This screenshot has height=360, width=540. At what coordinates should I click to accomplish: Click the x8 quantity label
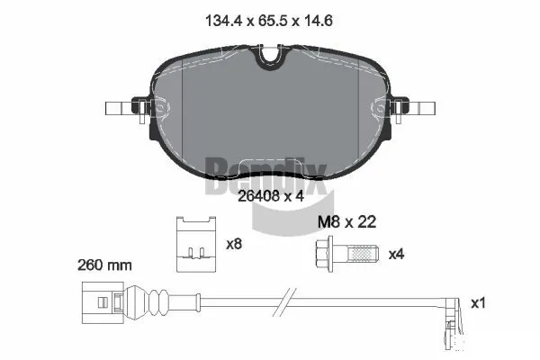(x=234, y=243)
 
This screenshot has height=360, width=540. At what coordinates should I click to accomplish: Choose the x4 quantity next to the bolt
(x=396, y=254)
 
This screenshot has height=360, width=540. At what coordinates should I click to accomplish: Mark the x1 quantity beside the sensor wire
(x=478, y=303)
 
